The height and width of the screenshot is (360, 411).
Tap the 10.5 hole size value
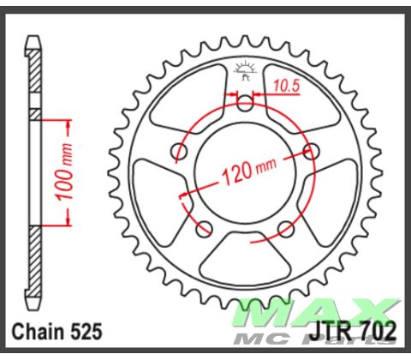(287, 84)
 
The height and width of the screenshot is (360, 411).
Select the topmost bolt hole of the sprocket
(245, 105)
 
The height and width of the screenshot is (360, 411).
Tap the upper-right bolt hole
(310, 152)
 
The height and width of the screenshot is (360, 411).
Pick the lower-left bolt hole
(205, 228)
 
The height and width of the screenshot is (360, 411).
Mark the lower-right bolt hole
(286, 228)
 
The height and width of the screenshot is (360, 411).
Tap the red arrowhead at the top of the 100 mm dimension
(65, 122)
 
